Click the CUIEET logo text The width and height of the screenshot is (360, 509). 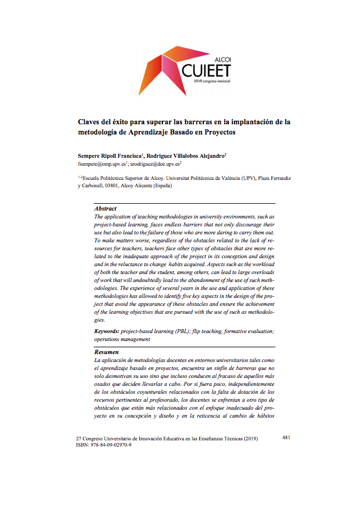207,71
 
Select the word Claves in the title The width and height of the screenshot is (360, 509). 90,121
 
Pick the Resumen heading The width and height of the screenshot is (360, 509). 106,352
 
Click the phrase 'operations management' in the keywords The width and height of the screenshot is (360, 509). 122,339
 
